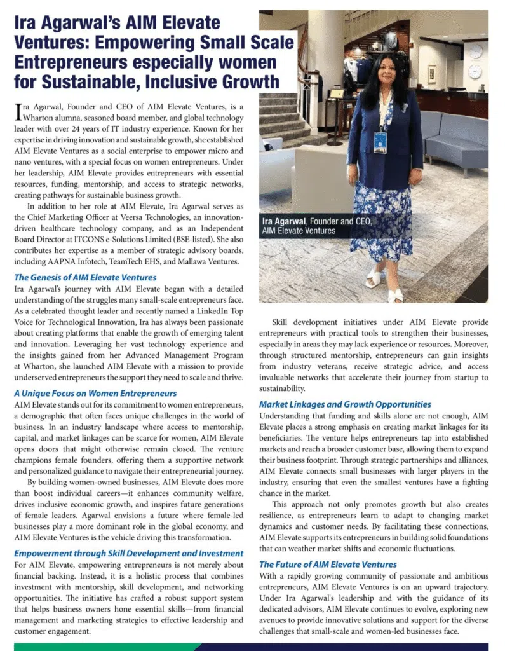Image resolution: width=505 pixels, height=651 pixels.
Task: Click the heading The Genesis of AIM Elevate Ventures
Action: (x=85, y=277)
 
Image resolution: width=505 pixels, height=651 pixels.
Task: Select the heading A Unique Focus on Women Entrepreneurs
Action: (x=95, y=394)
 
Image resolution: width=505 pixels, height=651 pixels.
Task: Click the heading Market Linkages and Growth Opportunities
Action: (x=345, y=404)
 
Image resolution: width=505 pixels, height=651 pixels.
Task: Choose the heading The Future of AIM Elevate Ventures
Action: (x=328, y=564)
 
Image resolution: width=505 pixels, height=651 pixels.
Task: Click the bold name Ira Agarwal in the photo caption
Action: (x=284, y=221)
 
